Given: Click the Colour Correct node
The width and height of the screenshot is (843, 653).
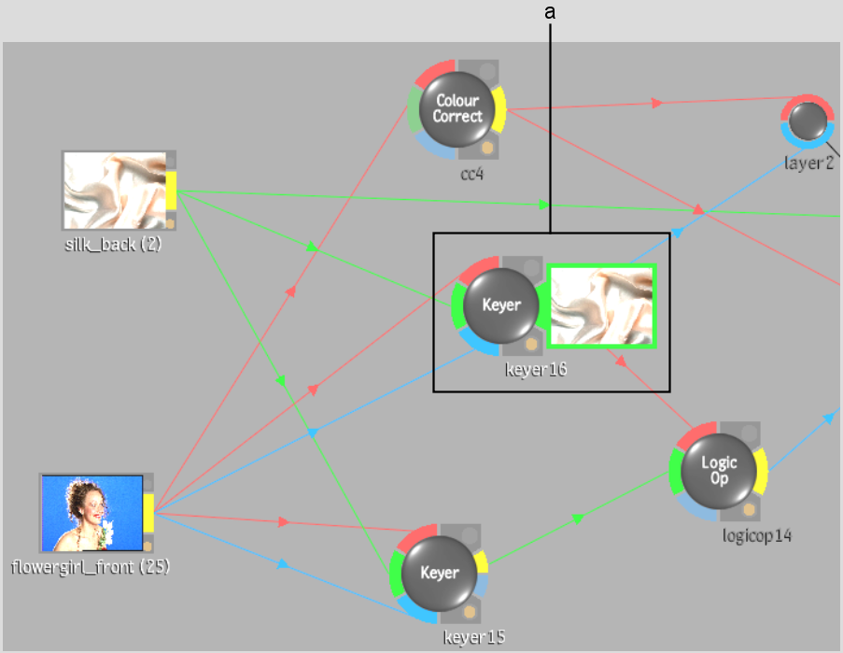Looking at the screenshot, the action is [457, 109].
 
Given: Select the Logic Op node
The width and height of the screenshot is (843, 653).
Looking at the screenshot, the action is [718, 471].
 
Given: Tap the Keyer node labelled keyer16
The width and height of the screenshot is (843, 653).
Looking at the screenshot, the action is [501, 305].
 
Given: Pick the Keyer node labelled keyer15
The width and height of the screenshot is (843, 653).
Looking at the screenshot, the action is [440, 574].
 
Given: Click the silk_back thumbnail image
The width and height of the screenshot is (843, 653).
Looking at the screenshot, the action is [115, 191].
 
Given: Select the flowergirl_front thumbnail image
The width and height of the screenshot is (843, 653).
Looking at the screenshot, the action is [91, 513].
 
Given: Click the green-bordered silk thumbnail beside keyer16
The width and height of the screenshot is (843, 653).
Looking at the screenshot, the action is [601, 305].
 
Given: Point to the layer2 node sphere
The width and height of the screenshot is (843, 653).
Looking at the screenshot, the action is [808, 121].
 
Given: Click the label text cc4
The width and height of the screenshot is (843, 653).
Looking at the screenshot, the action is [471, 174].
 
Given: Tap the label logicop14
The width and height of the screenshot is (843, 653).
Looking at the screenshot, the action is [756, 535].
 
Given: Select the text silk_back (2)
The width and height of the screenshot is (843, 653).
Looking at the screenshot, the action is [113, 244].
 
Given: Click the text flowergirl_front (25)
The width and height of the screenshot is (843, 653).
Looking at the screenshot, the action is [91, 566].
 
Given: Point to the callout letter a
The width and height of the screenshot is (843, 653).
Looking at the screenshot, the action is [550, 12].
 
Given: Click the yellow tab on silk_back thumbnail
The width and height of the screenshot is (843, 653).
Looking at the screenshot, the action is [171, 191].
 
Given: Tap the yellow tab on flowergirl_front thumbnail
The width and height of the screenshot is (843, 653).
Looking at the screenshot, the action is [148, 513].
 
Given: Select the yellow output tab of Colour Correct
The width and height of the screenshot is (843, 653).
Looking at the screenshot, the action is [499, 109].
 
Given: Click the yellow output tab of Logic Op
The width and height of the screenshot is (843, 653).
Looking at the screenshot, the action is [760, 472].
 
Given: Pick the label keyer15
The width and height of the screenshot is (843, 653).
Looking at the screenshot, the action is [474, 637].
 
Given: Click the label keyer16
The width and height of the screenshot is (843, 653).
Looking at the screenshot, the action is [536, 369].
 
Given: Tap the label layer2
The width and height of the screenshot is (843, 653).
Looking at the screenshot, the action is [808, 163].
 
